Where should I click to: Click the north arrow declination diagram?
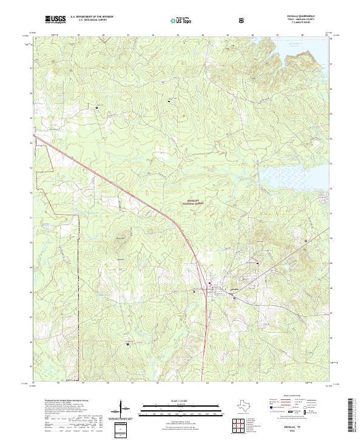click(124, 408)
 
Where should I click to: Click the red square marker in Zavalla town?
click(210, 283)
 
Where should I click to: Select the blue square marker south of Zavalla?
click(194, 292)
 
